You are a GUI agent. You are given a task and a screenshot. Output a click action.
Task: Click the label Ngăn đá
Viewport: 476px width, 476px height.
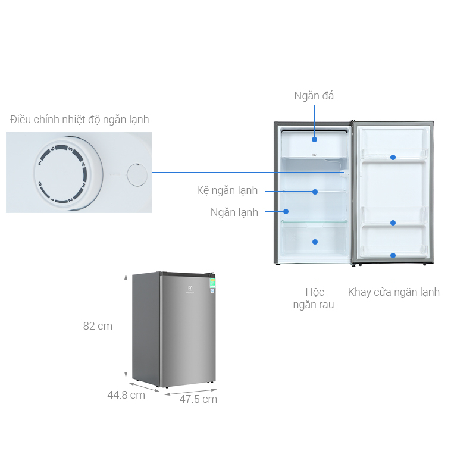pos(314,96)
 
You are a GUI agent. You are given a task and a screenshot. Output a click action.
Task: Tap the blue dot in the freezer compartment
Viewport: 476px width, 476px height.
pos(314,140)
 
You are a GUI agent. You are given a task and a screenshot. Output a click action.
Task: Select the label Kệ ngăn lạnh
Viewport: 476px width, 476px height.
pos(227,191)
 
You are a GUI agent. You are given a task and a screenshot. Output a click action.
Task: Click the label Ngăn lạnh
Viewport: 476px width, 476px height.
pos(234,212)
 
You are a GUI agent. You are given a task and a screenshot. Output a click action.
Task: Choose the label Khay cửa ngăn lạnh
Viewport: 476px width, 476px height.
pos(394,292)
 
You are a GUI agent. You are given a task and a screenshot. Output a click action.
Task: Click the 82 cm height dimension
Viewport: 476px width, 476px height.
pos(98,326)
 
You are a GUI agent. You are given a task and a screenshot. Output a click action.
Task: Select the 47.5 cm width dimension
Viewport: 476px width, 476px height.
pos(198,399)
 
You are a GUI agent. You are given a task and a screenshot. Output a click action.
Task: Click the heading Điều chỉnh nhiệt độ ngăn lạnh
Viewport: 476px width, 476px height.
pos(80,120)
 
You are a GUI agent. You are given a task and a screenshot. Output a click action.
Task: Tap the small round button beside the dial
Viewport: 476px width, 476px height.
pos(137,174)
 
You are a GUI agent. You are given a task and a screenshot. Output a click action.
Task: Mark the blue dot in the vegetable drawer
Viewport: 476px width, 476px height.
pos(315,242)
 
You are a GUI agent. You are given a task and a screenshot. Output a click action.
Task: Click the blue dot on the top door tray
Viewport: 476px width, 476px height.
pos(393,158)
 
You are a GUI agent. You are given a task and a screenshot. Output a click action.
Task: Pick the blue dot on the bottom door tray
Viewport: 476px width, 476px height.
pos(393,255)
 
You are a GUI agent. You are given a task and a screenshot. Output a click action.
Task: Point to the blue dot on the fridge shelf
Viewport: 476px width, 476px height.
pos(315,192)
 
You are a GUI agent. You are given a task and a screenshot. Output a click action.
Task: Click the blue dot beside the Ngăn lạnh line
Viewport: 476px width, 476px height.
pos(286,211)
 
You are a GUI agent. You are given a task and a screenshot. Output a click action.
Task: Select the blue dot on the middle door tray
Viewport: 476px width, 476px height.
pos(393,223)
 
